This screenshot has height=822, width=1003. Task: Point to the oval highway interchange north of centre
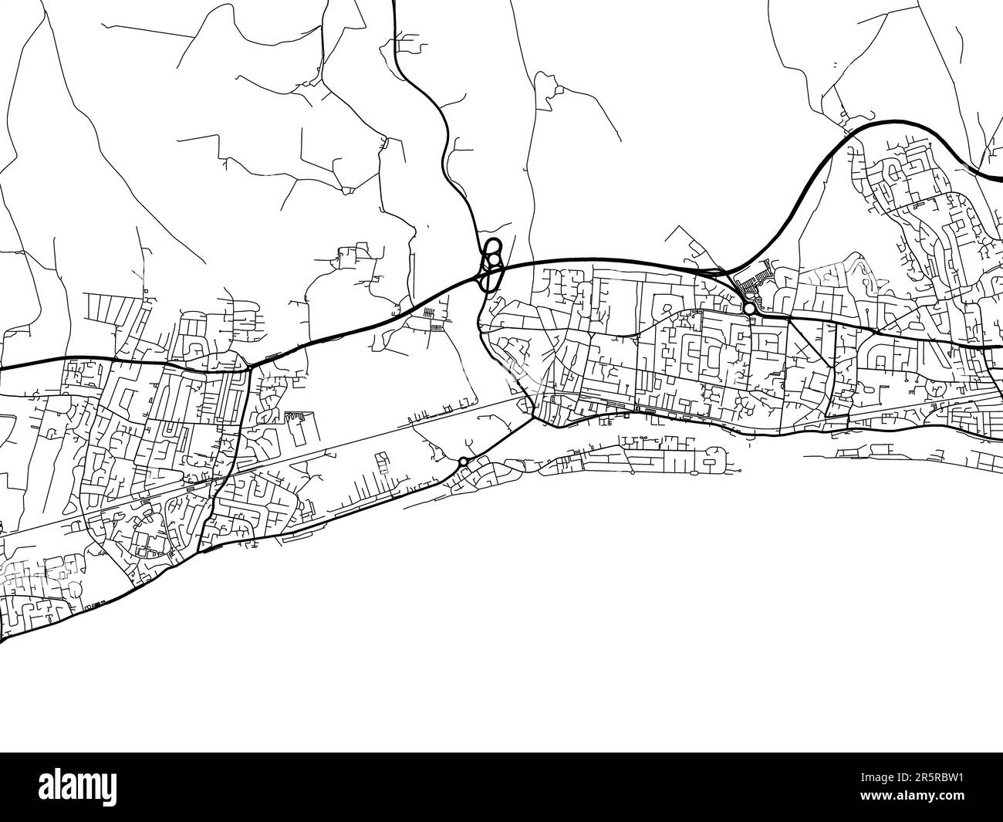click(491, 264)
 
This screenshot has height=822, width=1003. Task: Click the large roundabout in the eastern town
click(749, 309)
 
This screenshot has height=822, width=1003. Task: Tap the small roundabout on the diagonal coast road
click(463, 462)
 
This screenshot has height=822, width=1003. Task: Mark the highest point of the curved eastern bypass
click(899, 122)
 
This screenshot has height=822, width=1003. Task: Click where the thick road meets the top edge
click(394, 3)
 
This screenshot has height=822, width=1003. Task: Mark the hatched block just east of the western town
click(296, 419)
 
